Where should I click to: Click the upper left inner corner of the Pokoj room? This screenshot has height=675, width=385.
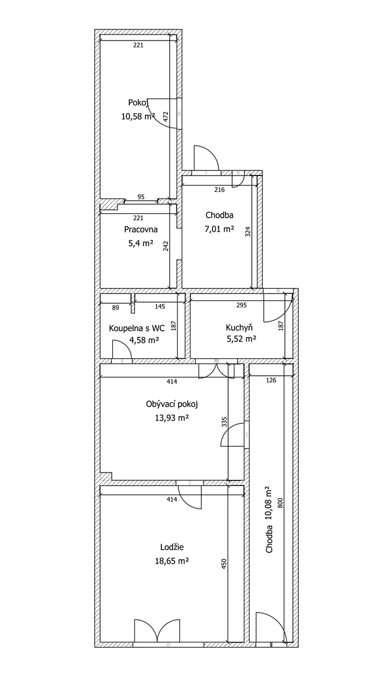pos(100,35)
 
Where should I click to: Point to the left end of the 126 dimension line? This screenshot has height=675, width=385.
pos(250,376)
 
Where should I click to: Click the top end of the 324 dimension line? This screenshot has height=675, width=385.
pos(252,175)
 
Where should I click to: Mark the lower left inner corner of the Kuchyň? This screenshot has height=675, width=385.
pos(190,358)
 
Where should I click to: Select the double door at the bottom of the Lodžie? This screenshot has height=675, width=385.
pos(157,630)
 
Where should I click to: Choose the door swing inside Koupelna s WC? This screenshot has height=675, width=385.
pos(122,349)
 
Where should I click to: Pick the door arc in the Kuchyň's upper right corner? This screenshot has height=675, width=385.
pos(278,308)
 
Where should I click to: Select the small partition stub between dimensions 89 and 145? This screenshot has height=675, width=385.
pos(133,303)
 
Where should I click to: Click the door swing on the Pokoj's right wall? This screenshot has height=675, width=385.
pos(162,114)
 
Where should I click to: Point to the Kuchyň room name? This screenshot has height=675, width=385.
pos(239,327)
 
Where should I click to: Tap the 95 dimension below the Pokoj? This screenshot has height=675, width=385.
pos(141,197)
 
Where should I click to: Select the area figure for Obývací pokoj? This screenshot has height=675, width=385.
pos(172,417)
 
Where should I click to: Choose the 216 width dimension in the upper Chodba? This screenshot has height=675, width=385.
pos(219,190)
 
